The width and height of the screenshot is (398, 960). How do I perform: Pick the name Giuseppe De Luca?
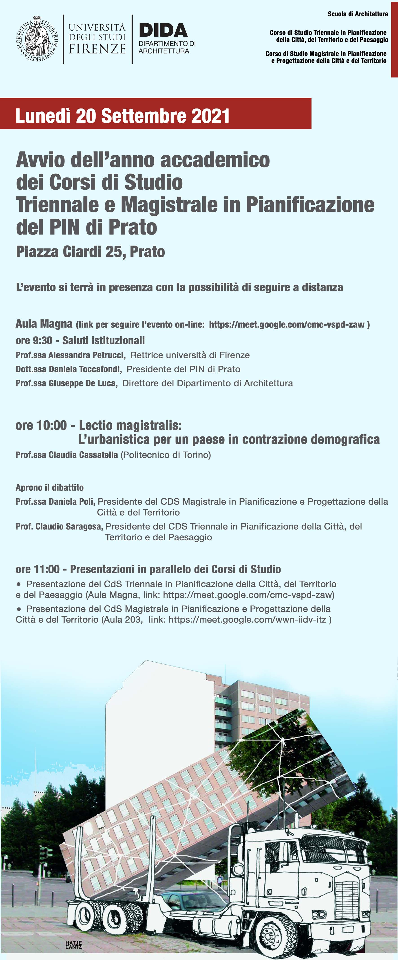pos(82,383)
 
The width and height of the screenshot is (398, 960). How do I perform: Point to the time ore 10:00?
pos(41,425)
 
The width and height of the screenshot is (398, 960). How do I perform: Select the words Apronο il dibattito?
pos(50,488)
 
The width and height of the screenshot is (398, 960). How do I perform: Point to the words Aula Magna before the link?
pos(44,324)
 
